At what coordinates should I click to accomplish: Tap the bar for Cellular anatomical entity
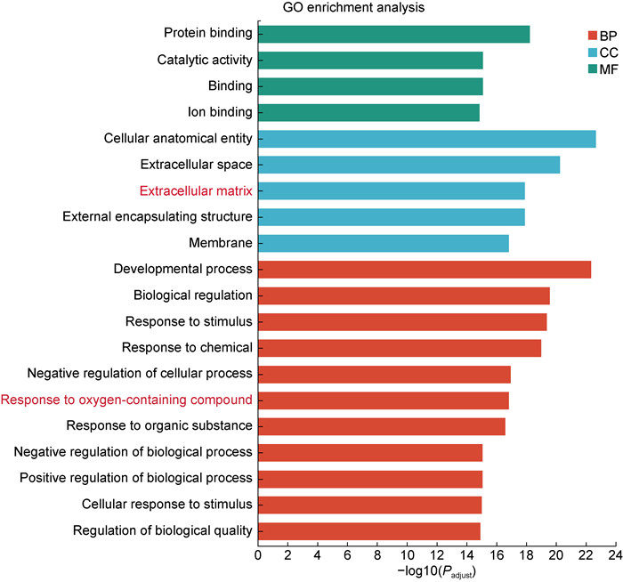(426, 139)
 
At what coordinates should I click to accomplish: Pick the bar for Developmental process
(424, 269)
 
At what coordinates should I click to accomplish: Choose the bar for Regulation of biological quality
(368, 531)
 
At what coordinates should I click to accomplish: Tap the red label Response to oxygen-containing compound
(126, 400)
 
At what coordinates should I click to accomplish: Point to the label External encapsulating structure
(158, 216)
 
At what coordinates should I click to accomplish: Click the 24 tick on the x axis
(614, 557)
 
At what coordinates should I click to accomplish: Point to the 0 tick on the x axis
(258, 557)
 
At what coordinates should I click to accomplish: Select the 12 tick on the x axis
(436, 557)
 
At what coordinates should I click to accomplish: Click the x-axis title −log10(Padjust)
(436, 572)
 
